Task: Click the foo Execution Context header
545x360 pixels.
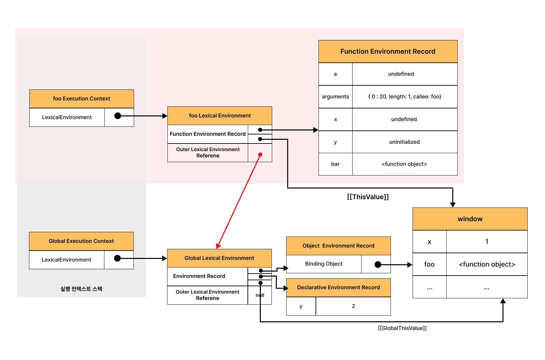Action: click(82, 98)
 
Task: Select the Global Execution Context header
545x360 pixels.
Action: click(81, 241)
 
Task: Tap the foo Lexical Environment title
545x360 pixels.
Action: click(220, 116)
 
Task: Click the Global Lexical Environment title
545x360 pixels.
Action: click(219, 258)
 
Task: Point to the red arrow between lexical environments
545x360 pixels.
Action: click(239, 201)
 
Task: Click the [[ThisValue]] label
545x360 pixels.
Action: click(368, 197)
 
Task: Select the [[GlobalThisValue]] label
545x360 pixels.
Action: click(403, 328)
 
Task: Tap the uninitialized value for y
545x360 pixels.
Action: click(404, 142)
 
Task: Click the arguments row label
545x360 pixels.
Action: click(335, 97)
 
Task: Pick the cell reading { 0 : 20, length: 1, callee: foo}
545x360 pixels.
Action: click(405, 97)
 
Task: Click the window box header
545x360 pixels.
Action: click(470, 219)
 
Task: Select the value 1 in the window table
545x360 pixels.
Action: click(487, 242)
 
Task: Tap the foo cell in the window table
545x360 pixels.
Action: click(430, 264)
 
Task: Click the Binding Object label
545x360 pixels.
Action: click(324, 264)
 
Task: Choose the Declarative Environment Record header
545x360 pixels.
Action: click(339, 288)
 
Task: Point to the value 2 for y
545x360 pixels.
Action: click(354, 306)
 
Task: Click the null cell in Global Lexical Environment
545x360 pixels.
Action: click(260, 295)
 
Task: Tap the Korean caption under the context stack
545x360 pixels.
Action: click(81, 289)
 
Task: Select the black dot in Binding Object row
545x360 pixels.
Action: click(378, 264)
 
